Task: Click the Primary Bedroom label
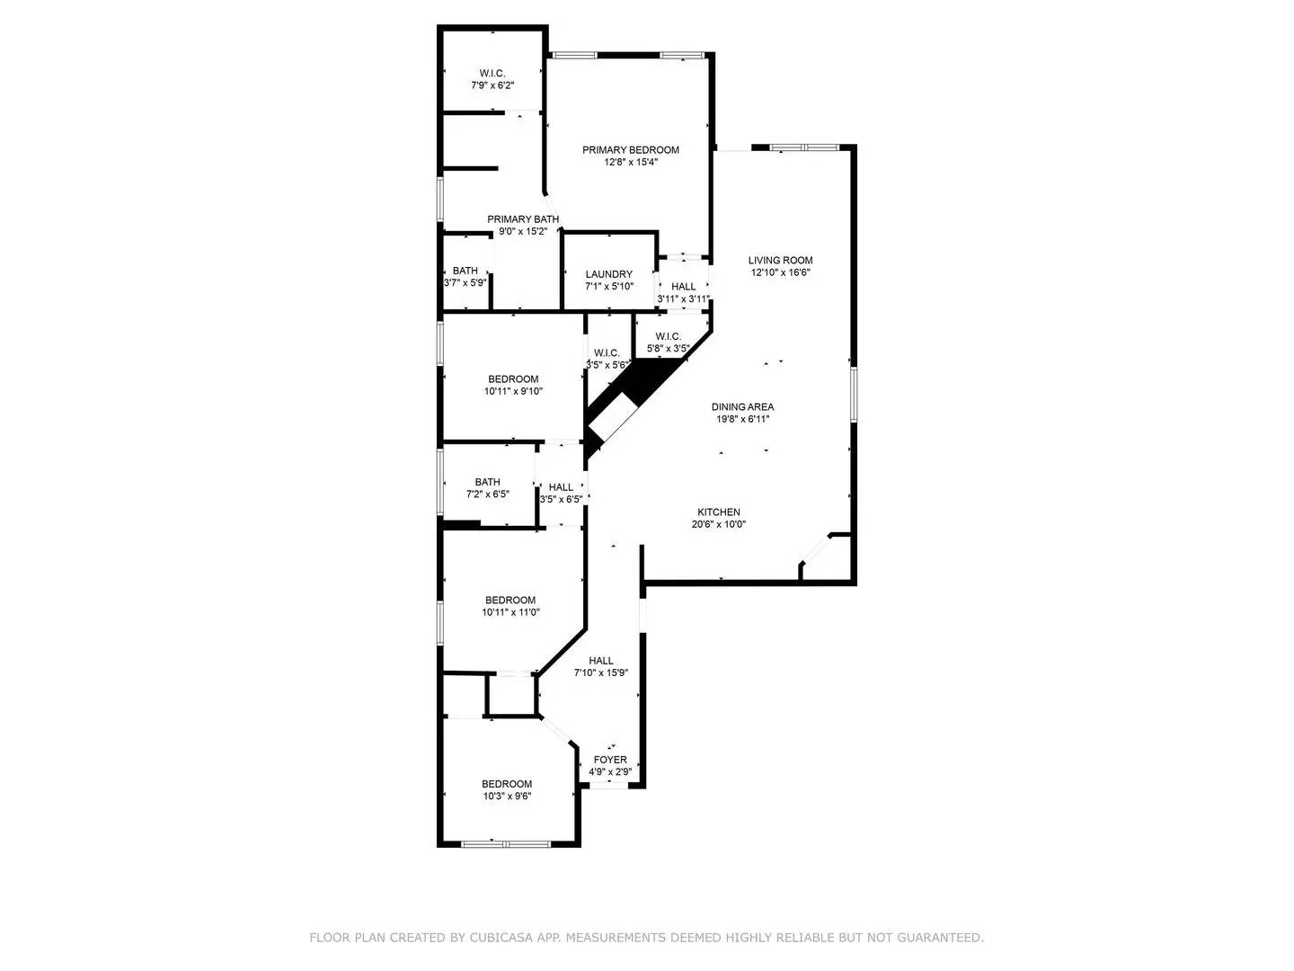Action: pos(630,150)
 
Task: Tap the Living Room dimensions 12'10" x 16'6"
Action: pos(780,272)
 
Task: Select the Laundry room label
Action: pos(609,274)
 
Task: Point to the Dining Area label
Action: pos(742,406)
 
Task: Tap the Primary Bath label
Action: pos(523,219)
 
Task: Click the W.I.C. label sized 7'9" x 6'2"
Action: pos(492,74)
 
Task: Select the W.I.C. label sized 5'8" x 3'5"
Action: pos(668,336)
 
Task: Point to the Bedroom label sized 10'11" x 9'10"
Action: pos(513,379)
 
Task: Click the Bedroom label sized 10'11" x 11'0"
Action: pos(510,601)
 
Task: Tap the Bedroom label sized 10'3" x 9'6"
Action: pos(507,784)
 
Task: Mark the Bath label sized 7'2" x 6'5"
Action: pos(488,482)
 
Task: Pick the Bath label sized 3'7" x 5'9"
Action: pos(465,271)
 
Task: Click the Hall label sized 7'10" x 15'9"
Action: pos(601,661)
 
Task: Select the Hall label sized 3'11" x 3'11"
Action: pos(683,287)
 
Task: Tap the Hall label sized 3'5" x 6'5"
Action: pos(561,487)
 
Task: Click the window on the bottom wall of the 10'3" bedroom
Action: pos(505,843)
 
